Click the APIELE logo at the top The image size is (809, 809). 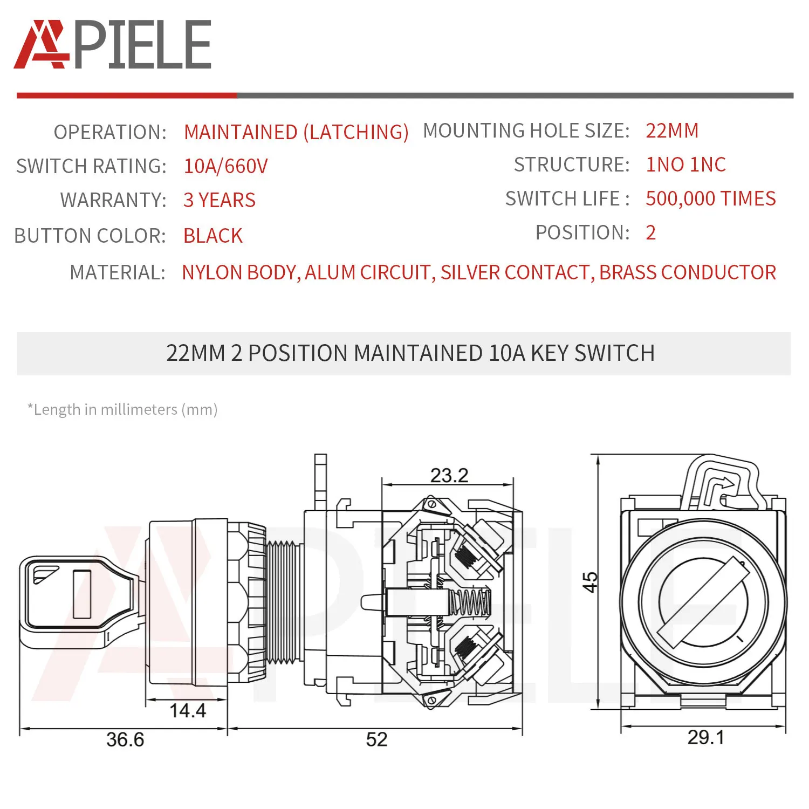pos(112,45)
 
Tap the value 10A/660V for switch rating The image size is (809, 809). pos(225,166)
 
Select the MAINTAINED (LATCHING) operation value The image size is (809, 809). pos(296,132)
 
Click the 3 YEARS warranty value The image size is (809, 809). pos(219,200)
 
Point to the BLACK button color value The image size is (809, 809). pos(213,236)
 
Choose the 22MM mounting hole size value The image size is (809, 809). pos(672,131)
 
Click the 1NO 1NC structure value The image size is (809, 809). pos(685,164)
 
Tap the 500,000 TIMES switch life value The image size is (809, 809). pos(710,198)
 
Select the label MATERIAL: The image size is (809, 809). pos(118,272)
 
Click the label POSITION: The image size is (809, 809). pos(582,232)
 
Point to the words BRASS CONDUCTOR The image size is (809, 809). pos(688,272)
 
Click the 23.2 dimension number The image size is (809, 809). pos(449,475)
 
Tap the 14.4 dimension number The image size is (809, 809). pos(187,710)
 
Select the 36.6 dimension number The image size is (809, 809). pos(125,739)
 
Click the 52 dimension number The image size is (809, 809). pos(376,739)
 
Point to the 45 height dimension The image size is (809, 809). pos(591,582)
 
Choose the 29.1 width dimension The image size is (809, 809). pos(705,737)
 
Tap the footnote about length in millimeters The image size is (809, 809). pos(122,409)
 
